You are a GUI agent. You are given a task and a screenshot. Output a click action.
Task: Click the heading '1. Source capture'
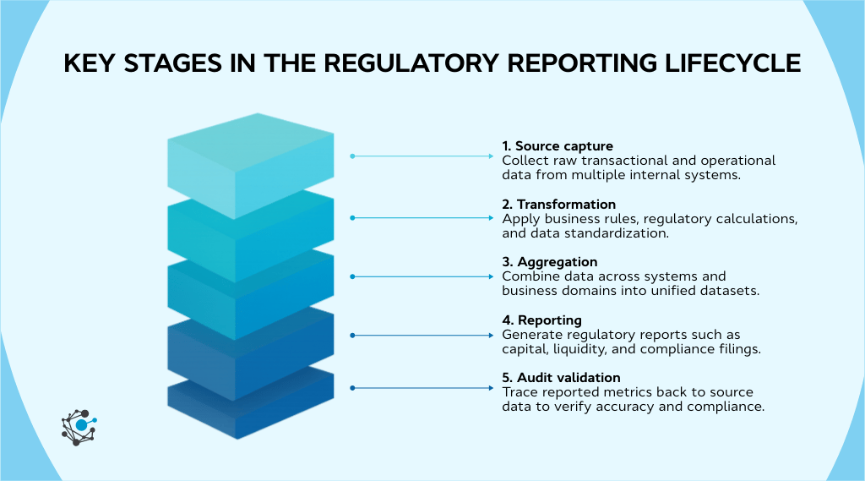(558, 146)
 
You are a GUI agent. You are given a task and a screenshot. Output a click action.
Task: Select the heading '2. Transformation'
(558, 205)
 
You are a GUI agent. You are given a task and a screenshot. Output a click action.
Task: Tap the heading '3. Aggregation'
(549, 262)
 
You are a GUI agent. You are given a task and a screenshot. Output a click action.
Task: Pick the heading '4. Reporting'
(541, 320)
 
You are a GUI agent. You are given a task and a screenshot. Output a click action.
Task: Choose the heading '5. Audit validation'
(561, 378)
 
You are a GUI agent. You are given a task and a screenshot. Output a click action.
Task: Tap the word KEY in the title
(87, 64)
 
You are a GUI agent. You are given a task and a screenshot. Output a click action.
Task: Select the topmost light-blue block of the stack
(250, 161)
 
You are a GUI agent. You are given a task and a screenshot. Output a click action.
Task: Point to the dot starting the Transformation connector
(352, 218)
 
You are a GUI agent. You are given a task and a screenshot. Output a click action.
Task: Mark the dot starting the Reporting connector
(352, 336)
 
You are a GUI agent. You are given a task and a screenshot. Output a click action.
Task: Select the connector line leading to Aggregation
(422, 276)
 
